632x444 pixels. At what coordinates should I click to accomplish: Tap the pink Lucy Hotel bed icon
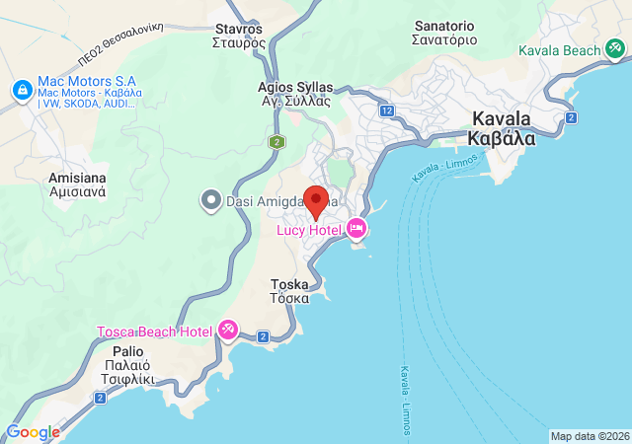point(356,230)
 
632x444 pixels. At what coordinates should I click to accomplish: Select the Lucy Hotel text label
point(309,230)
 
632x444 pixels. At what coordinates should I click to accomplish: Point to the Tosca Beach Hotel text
point(154,332)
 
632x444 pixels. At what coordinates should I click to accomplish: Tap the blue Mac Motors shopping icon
point(21,90)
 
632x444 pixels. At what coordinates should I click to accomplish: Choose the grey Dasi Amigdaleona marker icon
point(209,201)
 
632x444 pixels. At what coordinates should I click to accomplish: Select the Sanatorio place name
point(445,33)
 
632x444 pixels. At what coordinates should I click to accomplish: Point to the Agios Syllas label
point(295,94)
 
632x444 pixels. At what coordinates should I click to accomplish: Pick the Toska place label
point(289,291)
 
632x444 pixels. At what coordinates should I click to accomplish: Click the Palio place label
point(127,358)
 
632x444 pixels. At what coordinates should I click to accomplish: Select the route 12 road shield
point(387,111)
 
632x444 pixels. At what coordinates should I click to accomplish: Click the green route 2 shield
point(276,142)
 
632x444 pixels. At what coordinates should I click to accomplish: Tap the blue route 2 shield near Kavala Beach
point(571,117)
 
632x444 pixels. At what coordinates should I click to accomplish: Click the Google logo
point(34,432)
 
